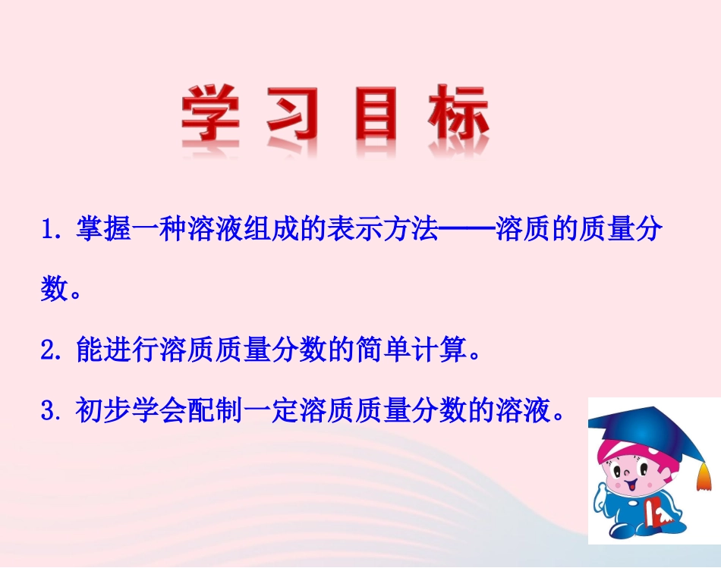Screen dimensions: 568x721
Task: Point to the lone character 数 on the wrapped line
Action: tap(55, 290)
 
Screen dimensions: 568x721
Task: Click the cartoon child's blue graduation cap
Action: tap(645, 429)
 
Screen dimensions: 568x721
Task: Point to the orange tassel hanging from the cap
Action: tap(704, 474)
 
